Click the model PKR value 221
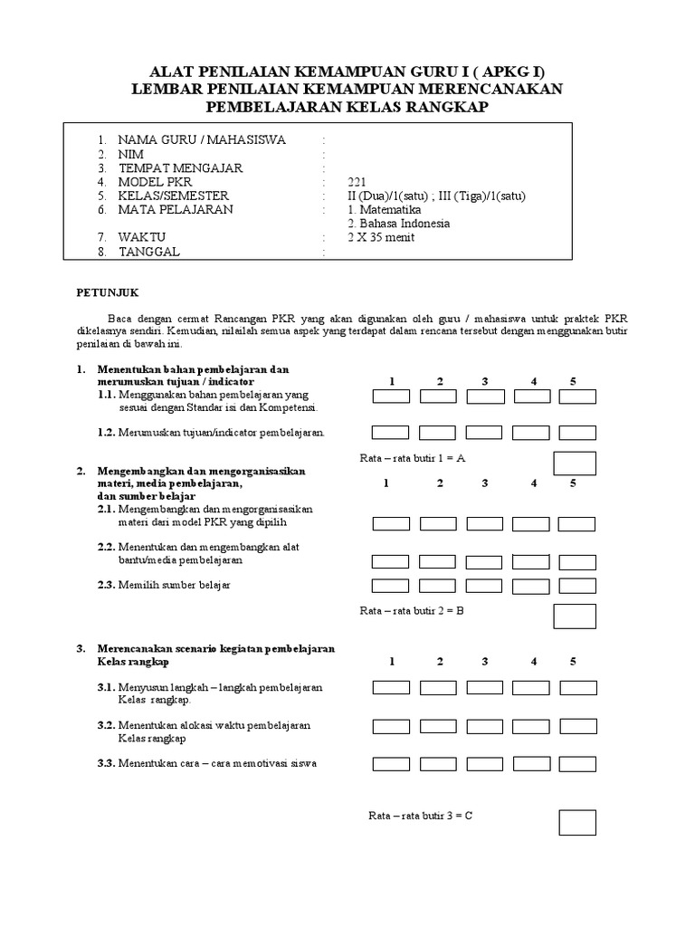pyautogui.click(x=357, y=182)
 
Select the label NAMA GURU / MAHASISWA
pyautogui.click(x=202, y=139)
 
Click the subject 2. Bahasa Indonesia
pyautogui.click(x=399, y=224)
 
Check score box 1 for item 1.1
pyautogui.click(x=390, y=397)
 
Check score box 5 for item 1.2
pyautogui.click(x=576, y=433)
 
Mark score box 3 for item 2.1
pyautogui.click(x=485, y=523)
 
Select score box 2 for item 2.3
pyautogui.click(x=438, y=585)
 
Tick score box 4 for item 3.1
pyautogui.click(x=531, y=688)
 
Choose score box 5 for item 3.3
pyautogui.click(x=577, y=763)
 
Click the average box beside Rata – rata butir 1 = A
pyautogui.click(x=575, y=463)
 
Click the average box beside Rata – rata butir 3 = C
pyautogui.click(x=576, y=822)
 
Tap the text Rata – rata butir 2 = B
pyautogui.click(x=412, y=610)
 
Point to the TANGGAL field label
pyautogui.click(x=148, y=252)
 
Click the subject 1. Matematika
pyautogui.click(x=384, y=209)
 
